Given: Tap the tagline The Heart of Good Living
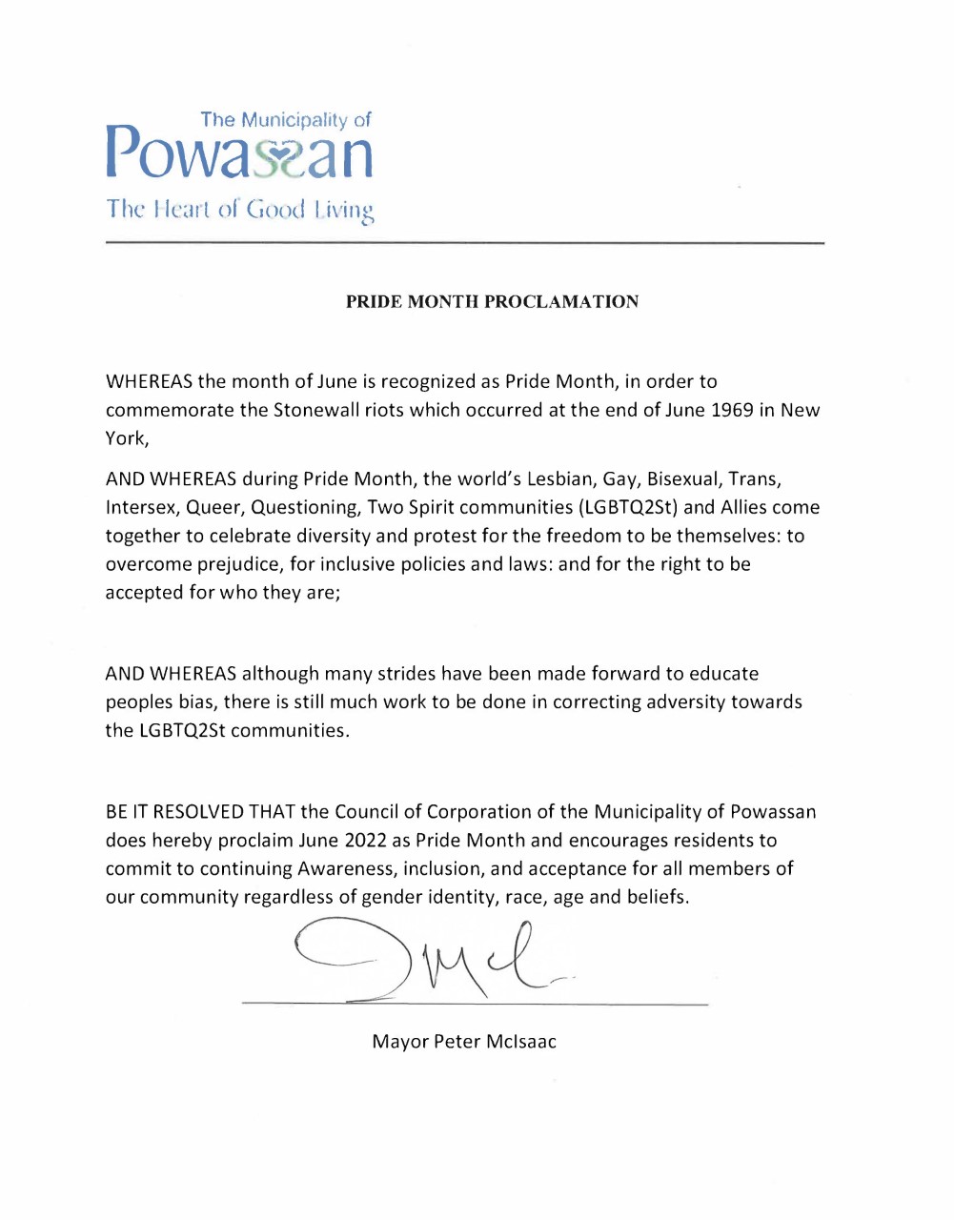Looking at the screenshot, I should [239, 209].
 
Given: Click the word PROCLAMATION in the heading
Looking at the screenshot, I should [561, 302].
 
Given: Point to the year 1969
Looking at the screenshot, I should [733, 411].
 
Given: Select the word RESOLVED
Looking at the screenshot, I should [198, 813].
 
